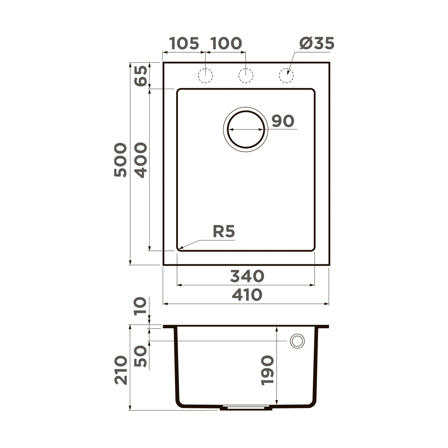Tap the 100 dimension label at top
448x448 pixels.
click(226, 44)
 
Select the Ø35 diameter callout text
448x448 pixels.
click(317, 44)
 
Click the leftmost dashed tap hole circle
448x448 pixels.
click(205, 76)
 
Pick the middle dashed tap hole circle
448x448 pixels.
click(246, 76)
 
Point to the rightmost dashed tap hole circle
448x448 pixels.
click(286, 76)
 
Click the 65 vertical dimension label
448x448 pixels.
click(141, 76)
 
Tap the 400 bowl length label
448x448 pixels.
click(141, 160)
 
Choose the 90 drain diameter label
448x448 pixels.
click(283, 121)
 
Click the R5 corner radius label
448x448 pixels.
click(224, 232)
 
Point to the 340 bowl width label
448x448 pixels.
click(247, 277)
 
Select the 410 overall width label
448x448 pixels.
click(247, 295)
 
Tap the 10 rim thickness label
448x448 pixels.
click(141, 307)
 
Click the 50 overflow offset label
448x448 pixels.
click(141, 357)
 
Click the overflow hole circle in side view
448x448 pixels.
click(298, 341)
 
